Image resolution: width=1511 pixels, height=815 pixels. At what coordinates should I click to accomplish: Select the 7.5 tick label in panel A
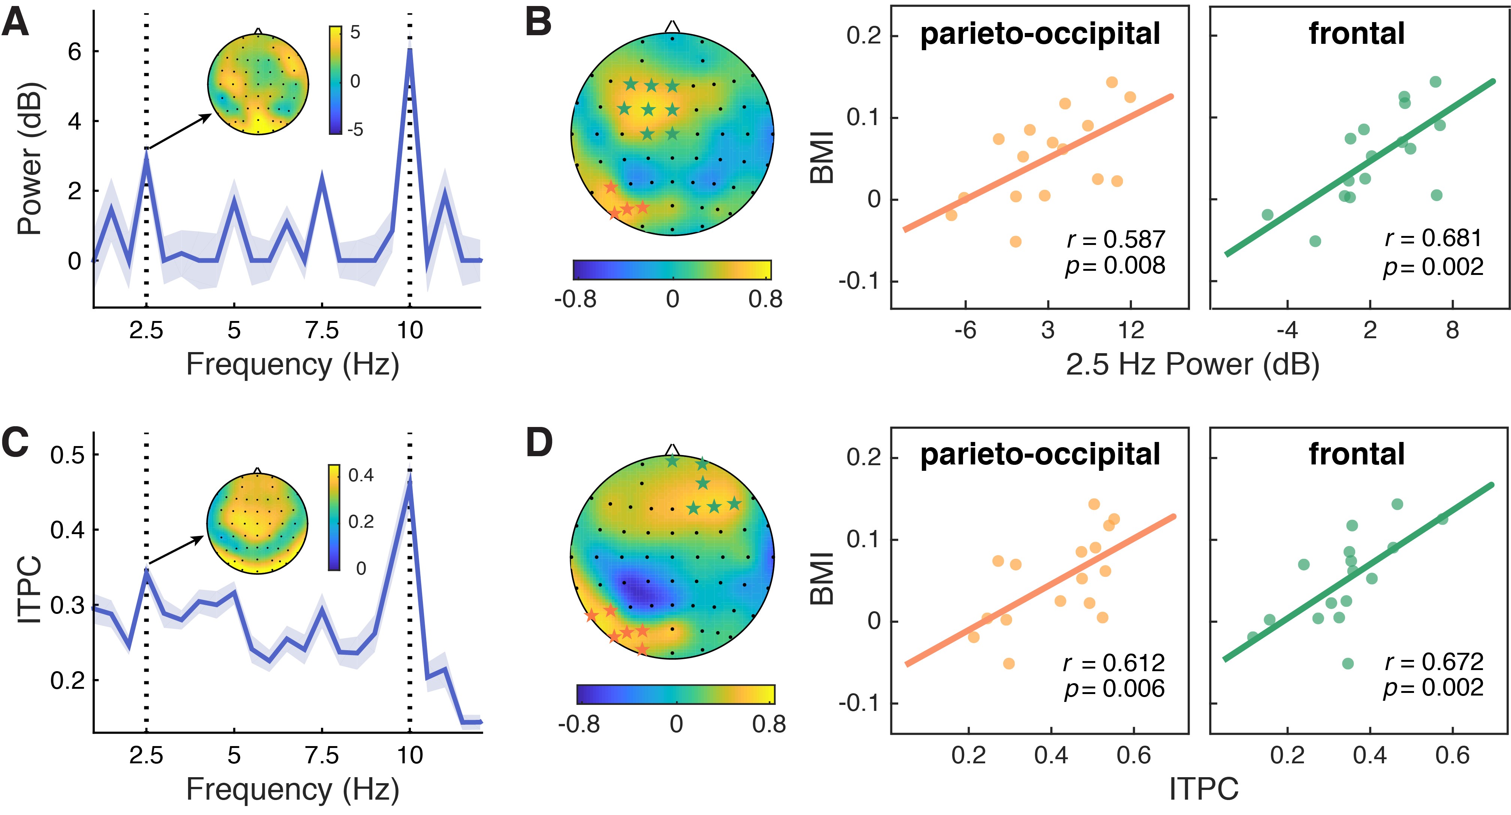[322, 331]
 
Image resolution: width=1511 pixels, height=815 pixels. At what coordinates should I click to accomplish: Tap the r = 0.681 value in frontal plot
[1433, 238]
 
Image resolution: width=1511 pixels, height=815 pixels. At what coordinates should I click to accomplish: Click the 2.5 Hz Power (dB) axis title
[1193, 365]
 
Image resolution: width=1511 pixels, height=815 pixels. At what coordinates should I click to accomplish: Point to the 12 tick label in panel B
[1130, 331]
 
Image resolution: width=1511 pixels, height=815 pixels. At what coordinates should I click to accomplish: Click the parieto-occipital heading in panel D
[1040, 454]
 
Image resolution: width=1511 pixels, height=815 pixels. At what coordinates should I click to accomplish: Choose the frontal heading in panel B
[1357, 33]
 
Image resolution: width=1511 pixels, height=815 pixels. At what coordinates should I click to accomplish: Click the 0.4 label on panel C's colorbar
[361, 475]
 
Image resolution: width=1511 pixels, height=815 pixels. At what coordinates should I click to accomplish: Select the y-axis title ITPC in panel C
[29, 589]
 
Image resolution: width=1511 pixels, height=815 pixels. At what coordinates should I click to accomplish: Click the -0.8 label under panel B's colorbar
[575, 300]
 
